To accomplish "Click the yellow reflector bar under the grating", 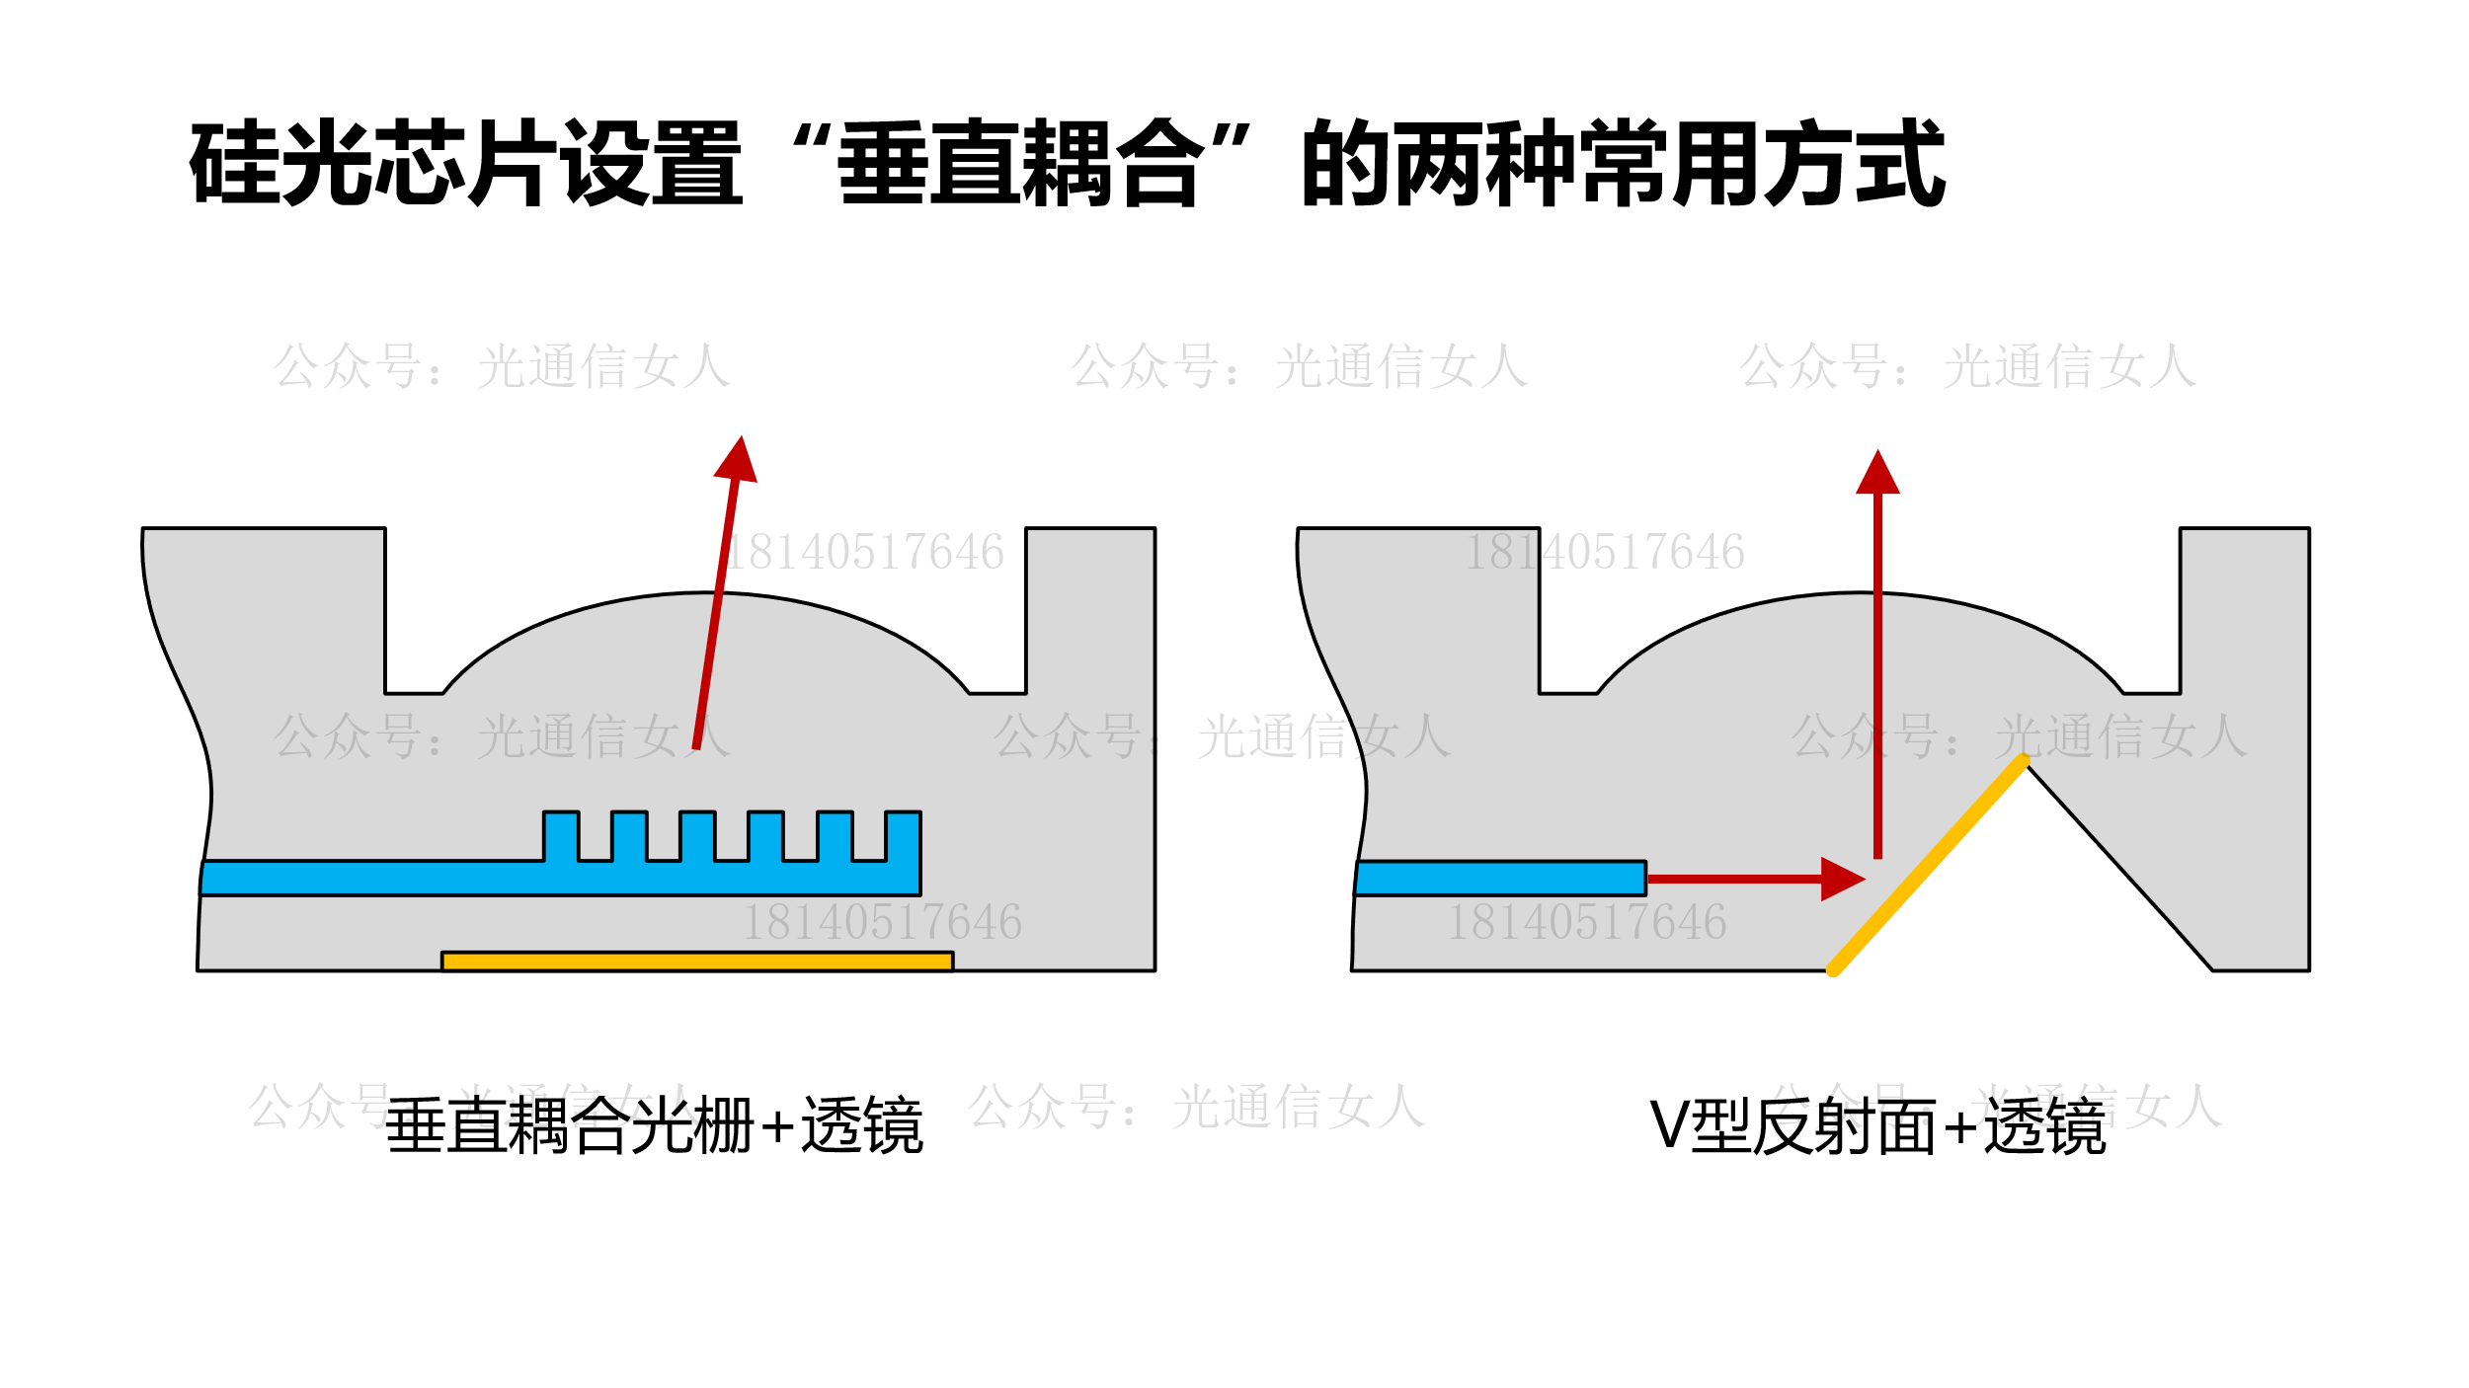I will pos(697,962).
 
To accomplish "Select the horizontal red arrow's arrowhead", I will pos(1840,879).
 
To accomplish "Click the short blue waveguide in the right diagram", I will pos(1500,878).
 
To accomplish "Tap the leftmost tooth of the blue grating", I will pos(561,835).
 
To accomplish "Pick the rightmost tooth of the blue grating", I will pos(903,835).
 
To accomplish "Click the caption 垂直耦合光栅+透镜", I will pos(654,1125).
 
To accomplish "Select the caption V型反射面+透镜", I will pos(1877,1125).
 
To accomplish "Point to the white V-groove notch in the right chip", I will pos(2024,908).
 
